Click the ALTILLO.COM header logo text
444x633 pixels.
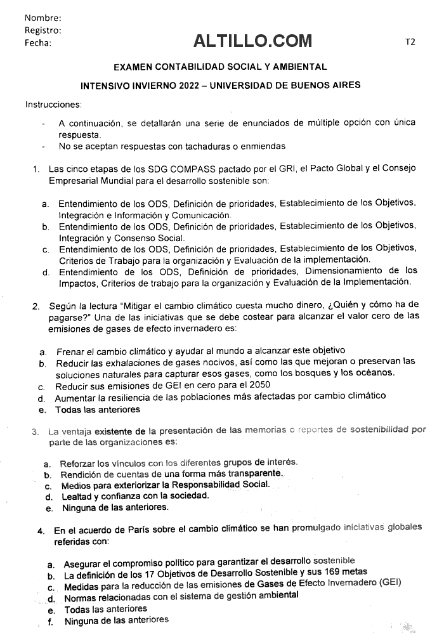tap(253, 41)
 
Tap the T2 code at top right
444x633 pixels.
tap(410, 42)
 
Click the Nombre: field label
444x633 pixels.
tap(43, 18)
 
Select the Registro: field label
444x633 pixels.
tap(43, 30)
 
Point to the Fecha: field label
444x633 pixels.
tap(38, 42)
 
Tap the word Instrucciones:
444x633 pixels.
tap(53, 103)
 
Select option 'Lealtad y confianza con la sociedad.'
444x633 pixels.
tap(135, 496)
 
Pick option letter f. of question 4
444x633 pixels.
tap(51, 622)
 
